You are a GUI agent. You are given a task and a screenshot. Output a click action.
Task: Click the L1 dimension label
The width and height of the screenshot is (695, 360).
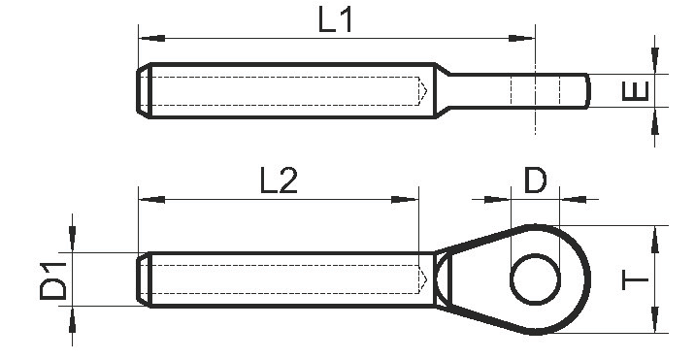[336, 20]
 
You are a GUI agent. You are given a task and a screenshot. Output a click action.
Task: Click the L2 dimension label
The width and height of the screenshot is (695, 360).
[279, 180]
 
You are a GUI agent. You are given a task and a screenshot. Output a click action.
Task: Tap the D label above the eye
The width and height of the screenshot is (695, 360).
[536, 180]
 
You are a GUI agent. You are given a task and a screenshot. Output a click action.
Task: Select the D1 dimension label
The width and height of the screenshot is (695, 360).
[52, 281]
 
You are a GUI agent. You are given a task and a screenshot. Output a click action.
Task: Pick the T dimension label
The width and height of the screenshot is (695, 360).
[636, 280]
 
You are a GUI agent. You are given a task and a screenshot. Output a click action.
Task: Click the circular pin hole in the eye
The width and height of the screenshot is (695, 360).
[536, 278]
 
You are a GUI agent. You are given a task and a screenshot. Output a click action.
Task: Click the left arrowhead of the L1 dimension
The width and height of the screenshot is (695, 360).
[151, 39]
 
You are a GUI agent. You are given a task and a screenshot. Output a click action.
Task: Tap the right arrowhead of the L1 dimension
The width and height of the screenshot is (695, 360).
[521, 39]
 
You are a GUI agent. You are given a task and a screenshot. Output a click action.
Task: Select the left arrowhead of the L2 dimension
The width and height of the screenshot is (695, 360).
[151, 200]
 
